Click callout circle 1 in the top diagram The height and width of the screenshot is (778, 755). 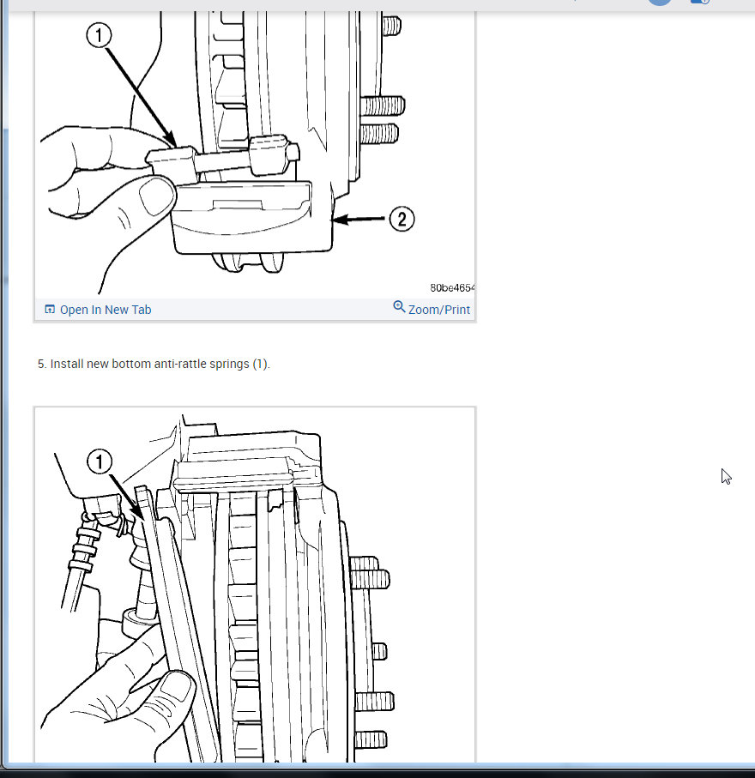(x=100, y=35)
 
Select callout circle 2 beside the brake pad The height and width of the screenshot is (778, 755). (x=402, y=219)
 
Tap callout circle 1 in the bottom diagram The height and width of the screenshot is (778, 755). (x=100, y=462)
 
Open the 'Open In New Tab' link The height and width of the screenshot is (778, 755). (x=105, y=310)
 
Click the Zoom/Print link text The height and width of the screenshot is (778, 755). (x=439, y=310)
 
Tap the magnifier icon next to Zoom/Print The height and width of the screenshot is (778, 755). (x=399, y=307)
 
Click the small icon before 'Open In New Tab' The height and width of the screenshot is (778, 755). (x=50, y=310)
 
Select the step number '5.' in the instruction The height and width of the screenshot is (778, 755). (x=42, y=364)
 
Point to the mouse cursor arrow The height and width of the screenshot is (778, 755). (x=726, y=476)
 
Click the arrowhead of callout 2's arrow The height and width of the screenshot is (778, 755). (x=337, y=220)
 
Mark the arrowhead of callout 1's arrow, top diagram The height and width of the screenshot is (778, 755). (x=173, y=143)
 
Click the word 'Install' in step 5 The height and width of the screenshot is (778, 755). (x=66, y=364)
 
